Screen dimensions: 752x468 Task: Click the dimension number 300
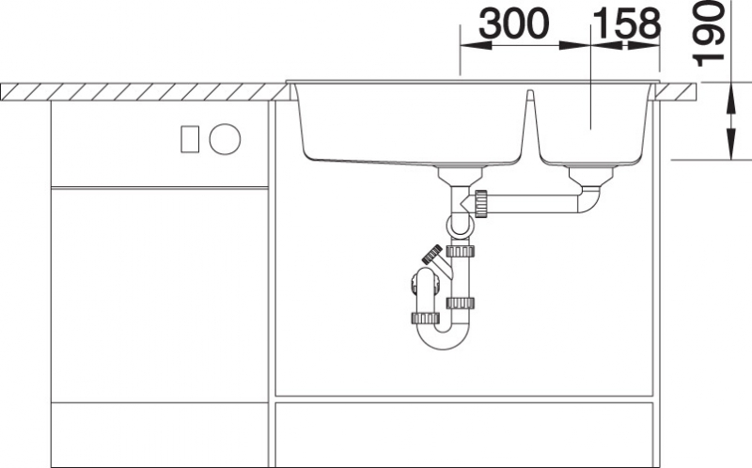click(513, 24)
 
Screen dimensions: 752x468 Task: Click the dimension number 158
click(627, 24)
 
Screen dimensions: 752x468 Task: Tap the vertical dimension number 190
click(709, 34)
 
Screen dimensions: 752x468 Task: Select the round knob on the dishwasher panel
click(225, 139)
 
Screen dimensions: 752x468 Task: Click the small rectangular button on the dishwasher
click(190, 139)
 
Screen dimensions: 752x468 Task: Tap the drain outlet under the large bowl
click(461, 176)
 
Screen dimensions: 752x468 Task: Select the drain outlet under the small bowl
click(591, 176)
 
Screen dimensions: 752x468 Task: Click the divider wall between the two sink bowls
click(530, 125)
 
